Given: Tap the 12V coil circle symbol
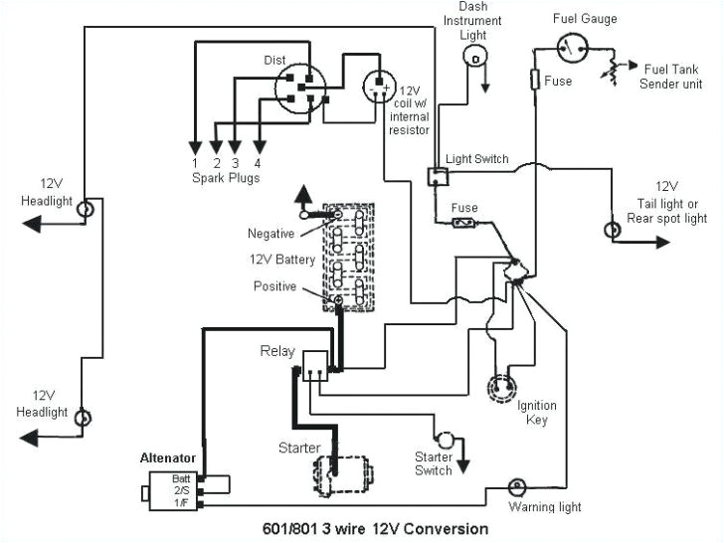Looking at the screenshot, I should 379,88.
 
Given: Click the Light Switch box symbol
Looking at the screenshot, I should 436,176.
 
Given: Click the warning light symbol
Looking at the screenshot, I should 516,487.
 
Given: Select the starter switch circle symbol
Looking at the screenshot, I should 447,439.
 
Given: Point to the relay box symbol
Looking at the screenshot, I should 314,365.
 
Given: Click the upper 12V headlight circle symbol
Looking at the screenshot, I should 86,210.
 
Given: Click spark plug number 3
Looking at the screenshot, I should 235,162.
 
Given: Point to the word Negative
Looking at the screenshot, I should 271,234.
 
